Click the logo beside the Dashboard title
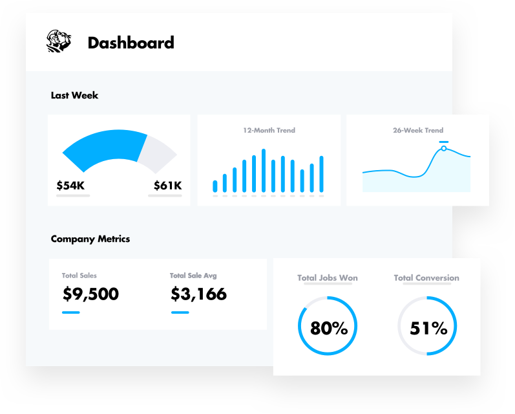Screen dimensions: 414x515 point(59,42)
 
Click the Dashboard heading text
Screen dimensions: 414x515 point(131,43)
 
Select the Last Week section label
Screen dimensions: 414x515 point(74,95)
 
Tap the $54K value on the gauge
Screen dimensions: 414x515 point(70,186)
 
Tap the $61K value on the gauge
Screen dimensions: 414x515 point(167,186)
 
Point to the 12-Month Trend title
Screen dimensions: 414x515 point(269,130)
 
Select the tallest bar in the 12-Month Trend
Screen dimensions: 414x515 point(264,171)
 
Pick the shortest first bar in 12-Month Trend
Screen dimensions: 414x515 point(215,186)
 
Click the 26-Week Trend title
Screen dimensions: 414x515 point(418,130)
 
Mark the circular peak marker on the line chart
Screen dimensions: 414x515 point(444,149)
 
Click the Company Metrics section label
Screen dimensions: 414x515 point(90,239)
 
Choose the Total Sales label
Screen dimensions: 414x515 point(79,276)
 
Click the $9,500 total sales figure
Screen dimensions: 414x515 point(90,294)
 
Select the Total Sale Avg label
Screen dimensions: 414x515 point(193,276)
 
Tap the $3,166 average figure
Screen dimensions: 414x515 point(199,294)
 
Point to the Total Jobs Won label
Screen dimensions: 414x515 point(328,278)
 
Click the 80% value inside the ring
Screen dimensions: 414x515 point(329,328)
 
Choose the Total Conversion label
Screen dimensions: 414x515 point(426,278)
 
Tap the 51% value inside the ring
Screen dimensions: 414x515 point(428,328)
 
